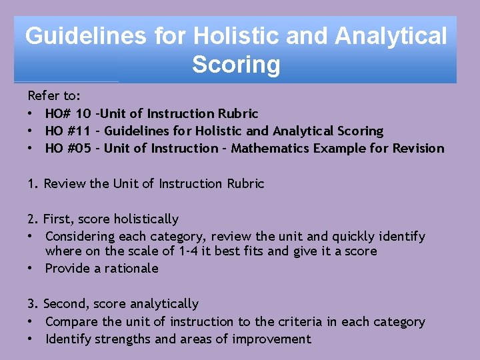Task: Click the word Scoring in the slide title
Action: click(236, 65)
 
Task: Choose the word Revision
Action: click(419, 148)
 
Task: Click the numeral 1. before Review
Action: click(33, 183)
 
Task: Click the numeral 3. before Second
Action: click(33, 303)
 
